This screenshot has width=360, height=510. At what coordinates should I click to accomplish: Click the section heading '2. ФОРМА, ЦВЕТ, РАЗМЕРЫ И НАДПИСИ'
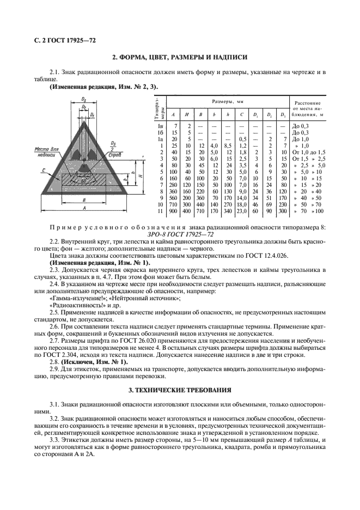[180, 57]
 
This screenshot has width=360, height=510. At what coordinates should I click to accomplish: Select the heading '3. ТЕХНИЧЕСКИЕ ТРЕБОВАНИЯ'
[180, 390]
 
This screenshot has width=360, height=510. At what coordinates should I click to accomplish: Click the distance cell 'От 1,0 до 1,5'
[308, 152]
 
